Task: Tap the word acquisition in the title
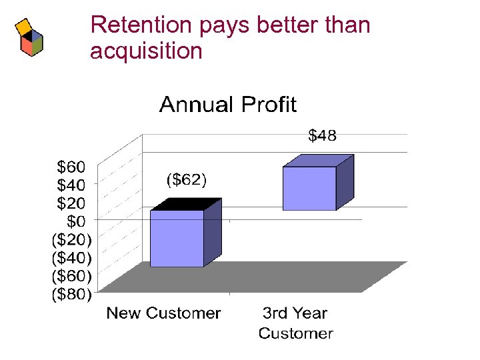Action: (145, 51)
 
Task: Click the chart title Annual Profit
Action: (227, 105)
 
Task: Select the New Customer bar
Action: (177, 238)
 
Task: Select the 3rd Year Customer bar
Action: (309, 188)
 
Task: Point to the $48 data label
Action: (322, 136)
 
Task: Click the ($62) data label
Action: (186, 179)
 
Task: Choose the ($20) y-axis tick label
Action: (72, 238)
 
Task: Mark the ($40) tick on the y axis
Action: (72, 257)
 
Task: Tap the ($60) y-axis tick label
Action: (72, 275)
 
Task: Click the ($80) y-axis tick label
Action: (72, 293)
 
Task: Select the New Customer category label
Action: (163, 313)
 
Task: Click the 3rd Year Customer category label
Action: (295, 323)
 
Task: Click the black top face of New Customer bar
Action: (186, 204)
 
